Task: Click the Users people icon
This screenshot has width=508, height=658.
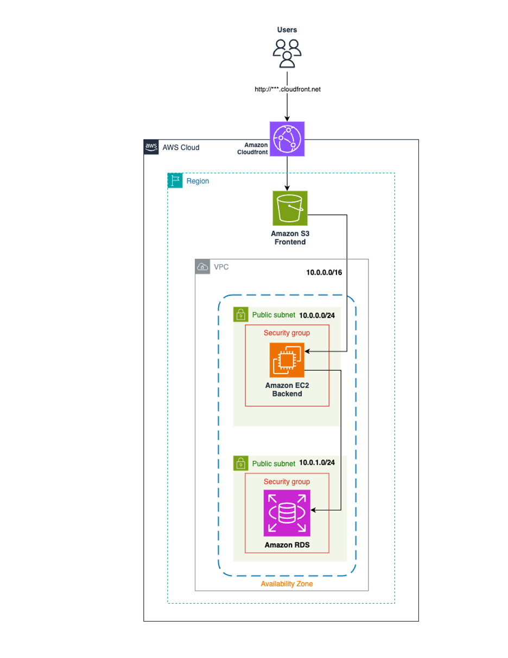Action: (x=287, y=53)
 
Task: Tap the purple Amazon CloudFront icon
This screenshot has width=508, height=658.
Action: (x=287, y=139)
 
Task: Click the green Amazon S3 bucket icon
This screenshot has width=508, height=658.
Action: (x=289, y=207)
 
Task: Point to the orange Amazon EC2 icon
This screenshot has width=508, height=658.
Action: (x=287, y=359)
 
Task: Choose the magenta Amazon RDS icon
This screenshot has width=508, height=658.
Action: (x=287, y=513)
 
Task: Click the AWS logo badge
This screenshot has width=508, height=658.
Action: (x=151, y=147)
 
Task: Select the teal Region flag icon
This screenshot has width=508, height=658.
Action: (x=175, y=181)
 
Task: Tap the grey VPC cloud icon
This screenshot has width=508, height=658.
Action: (x=202, y=267)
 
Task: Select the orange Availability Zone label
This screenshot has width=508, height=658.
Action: (x=287, y=584)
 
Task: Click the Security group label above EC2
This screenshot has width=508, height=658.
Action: (x=287, y=332)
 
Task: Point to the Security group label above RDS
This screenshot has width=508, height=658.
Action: (x=287, y=481)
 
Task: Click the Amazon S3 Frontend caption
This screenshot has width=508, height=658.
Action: (x=288, y=237)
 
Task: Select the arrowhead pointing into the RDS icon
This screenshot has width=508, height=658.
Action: (x=313, y=510)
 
